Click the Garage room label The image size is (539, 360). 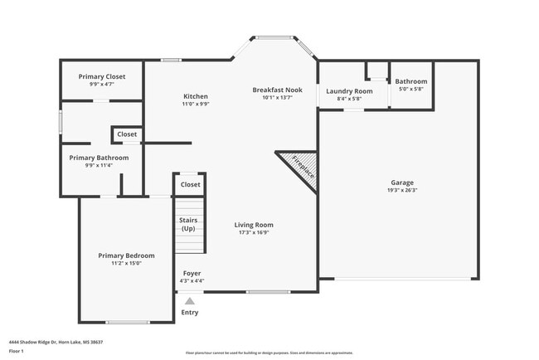[x=402, y=182]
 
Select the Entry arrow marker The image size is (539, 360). [x=190, y=302]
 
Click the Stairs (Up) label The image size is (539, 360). [x=188, y=224]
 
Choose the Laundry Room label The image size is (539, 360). [x=349, y=91]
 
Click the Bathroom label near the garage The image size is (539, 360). [x=410, y=81]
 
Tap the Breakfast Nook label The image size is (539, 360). [x=277, y=90]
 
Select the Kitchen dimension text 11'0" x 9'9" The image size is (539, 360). [x=196, y=105]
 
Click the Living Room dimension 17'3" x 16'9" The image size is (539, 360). [x=254, y=232]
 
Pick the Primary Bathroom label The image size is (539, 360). [x=99, y=158]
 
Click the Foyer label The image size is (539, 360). [x=191, y=273]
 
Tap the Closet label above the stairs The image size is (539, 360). [x=190, y=185]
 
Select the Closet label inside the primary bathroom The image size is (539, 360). [x=127, y=134]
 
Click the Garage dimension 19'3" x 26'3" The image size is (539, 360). [x=402, y=190]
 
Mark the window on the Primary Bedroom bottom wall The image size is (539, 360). [x=127, y=322]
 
